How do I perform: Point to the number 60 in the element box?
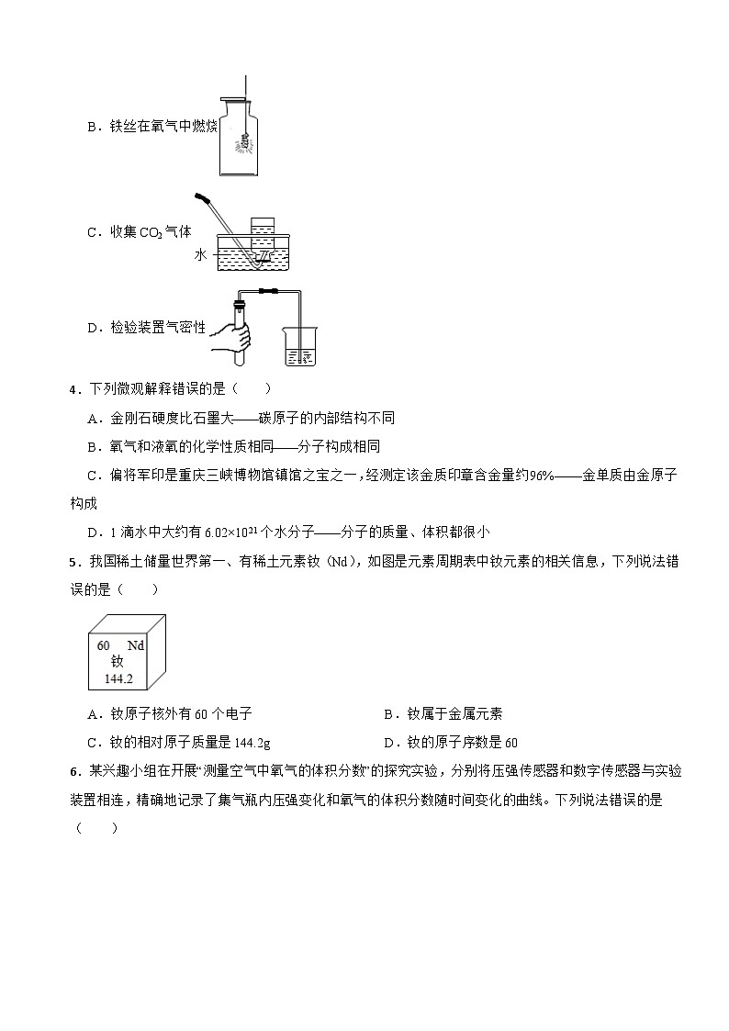[x=104, y=645]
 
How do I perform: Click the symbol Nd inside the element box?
[x=136, y=645]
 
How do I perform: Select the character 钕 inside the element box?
[x=117, y=662]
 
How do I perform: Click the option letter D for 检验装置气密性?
[x=92, y=326]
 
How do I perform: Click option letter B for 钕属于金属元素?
[x=388, y=713]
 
